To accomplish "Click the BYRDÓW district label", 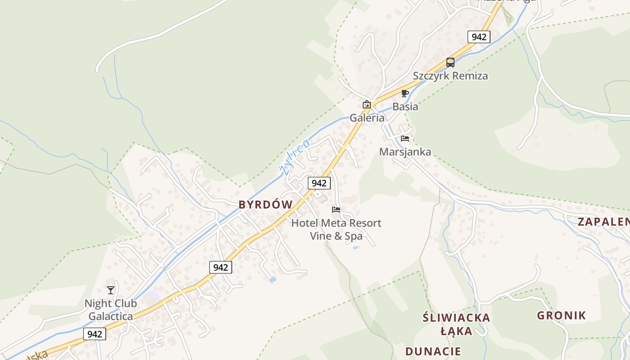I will click(265, 205).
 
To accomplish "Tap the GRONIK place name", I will click(562, 315).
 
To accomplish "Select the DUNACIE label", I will click(433, 351).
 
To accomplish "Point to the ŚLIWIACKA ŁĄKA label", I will click(456, 324).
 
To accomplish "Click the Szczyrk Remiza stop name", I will click(450, 76).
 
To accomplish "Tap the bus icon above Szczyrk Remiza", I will click(450, 63).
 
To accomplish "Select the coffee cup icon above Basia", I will click(405, 94).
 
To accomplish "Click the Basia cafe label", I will click(405, 107).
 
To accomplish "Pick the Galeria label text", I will click(367, 118).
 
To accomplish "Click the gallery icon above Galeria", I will click(367, 105).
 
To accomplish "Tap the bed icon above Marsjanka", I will click(405, 139).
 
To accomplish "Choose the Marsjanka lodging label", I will click(405, 152).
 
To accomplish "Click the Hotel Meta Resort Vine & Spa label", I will click(336, 229).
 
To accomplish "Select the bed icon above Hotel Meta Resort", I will click(336, 209).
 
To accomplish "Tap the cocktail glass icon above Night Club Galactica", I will click(111, 290).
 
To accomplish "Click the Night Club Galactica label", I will click(111, 310).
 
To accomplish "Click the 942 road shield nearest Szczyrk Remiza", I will click(478, 37).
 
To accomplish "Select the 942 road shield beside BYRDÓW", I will click(319, 183).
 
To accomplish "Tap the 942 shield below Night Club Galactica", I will click(94, 334).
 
